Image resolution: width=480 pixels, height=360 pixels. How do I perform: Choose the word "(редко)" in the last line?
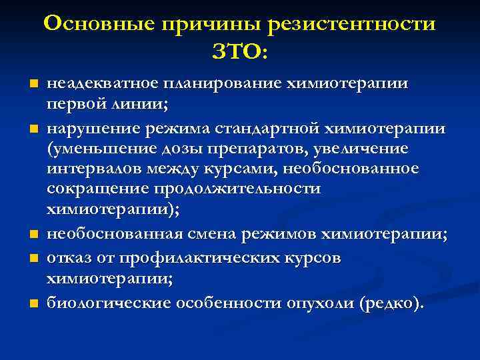[390, 303]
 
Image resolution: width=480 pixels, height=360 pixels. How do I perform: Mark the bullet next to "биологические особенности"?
[29, 304]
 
